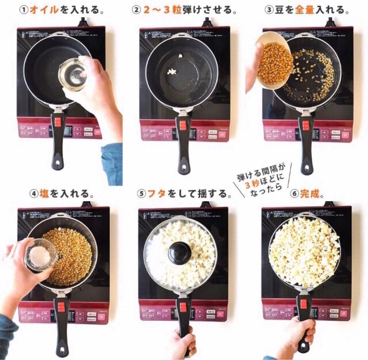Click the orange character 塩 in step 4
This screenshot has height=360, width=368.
44,194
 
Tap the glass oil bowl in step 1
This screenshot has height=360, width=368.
72,73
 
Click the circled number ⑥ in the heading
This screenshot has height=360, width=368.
294,194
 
